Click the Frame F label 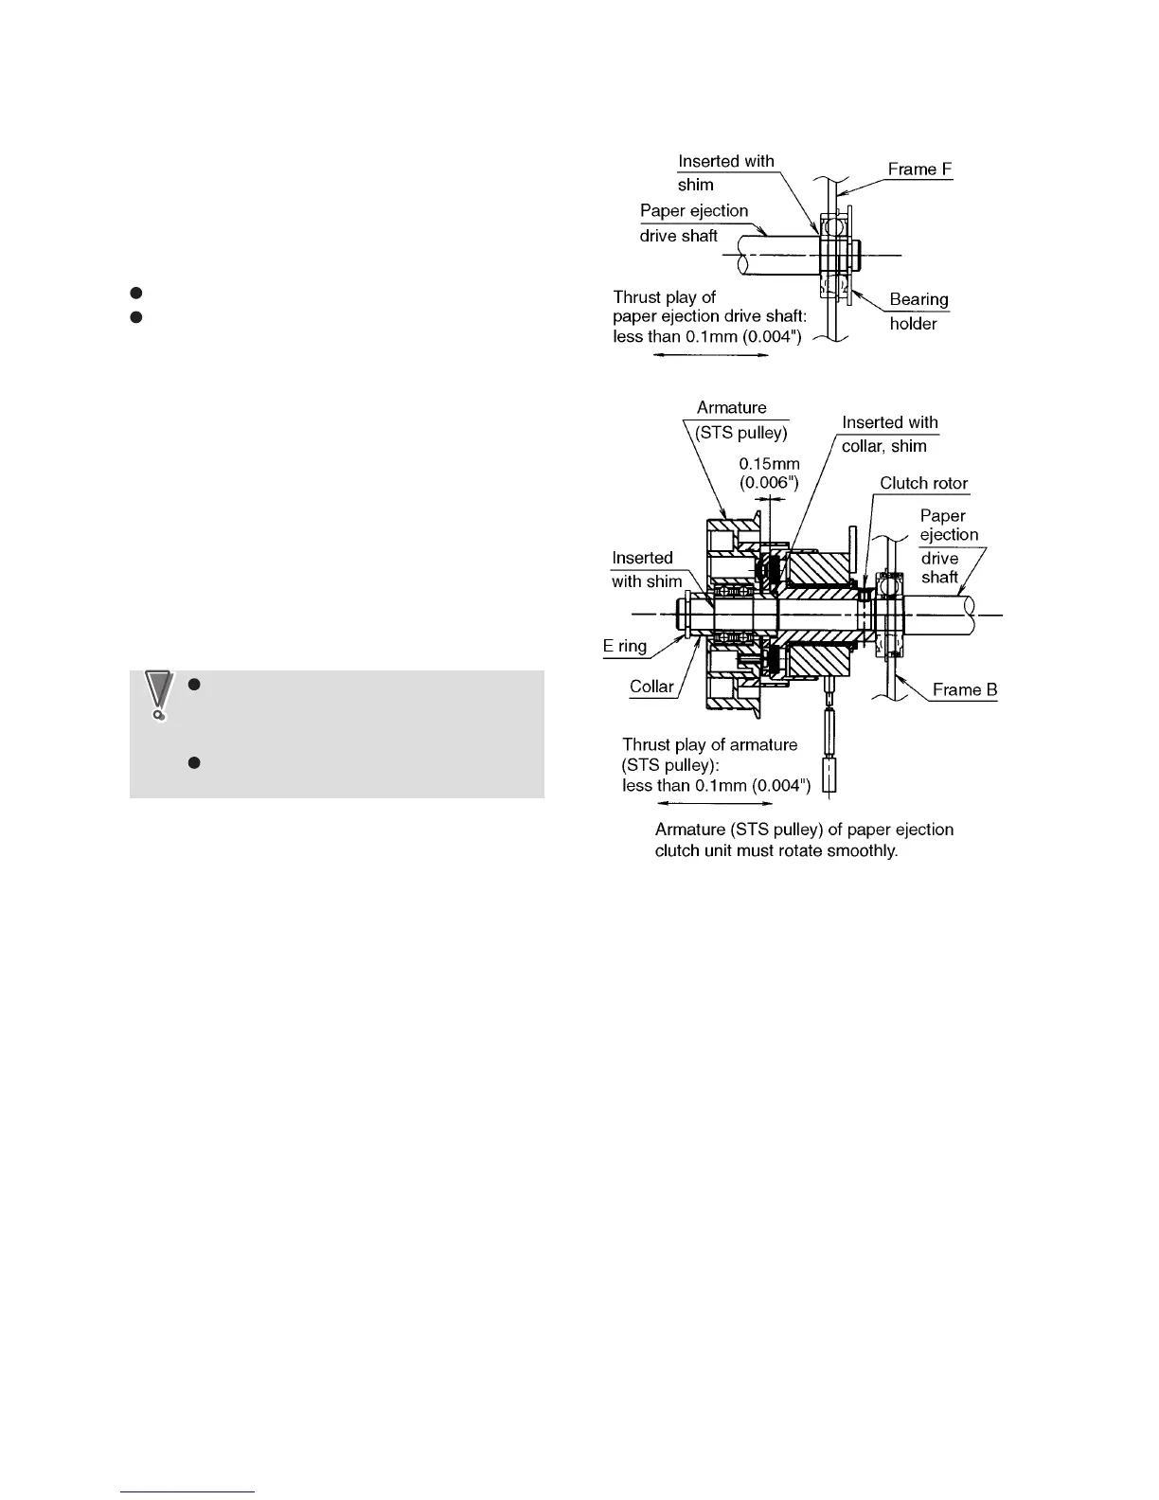[919, 170]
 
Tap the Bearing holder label [918, 312]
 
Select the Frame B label [964, 690]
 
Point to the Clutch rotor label [923, 484]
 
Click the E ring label [625, 647]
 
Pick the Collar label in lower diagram [651, 687]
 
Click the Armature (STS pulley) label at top [741, 420]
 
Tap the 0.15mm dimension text [769, 464]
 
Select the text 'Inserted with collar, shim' [888, 435]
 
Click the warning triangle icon [159, 695]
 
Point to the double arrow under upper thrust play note [710, 356]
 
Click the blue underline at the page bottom [188, 1491]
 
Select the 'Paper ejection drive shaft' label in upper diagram [693, 223]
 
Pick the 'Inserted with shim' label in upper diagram [725, 173]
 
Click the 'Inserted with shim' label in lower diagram [646, 570]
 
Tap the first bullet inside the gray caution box [192, 684]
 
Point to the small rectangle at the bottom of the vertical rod [829, 777]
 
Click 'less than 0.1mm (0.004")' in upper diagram [707, 337]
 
